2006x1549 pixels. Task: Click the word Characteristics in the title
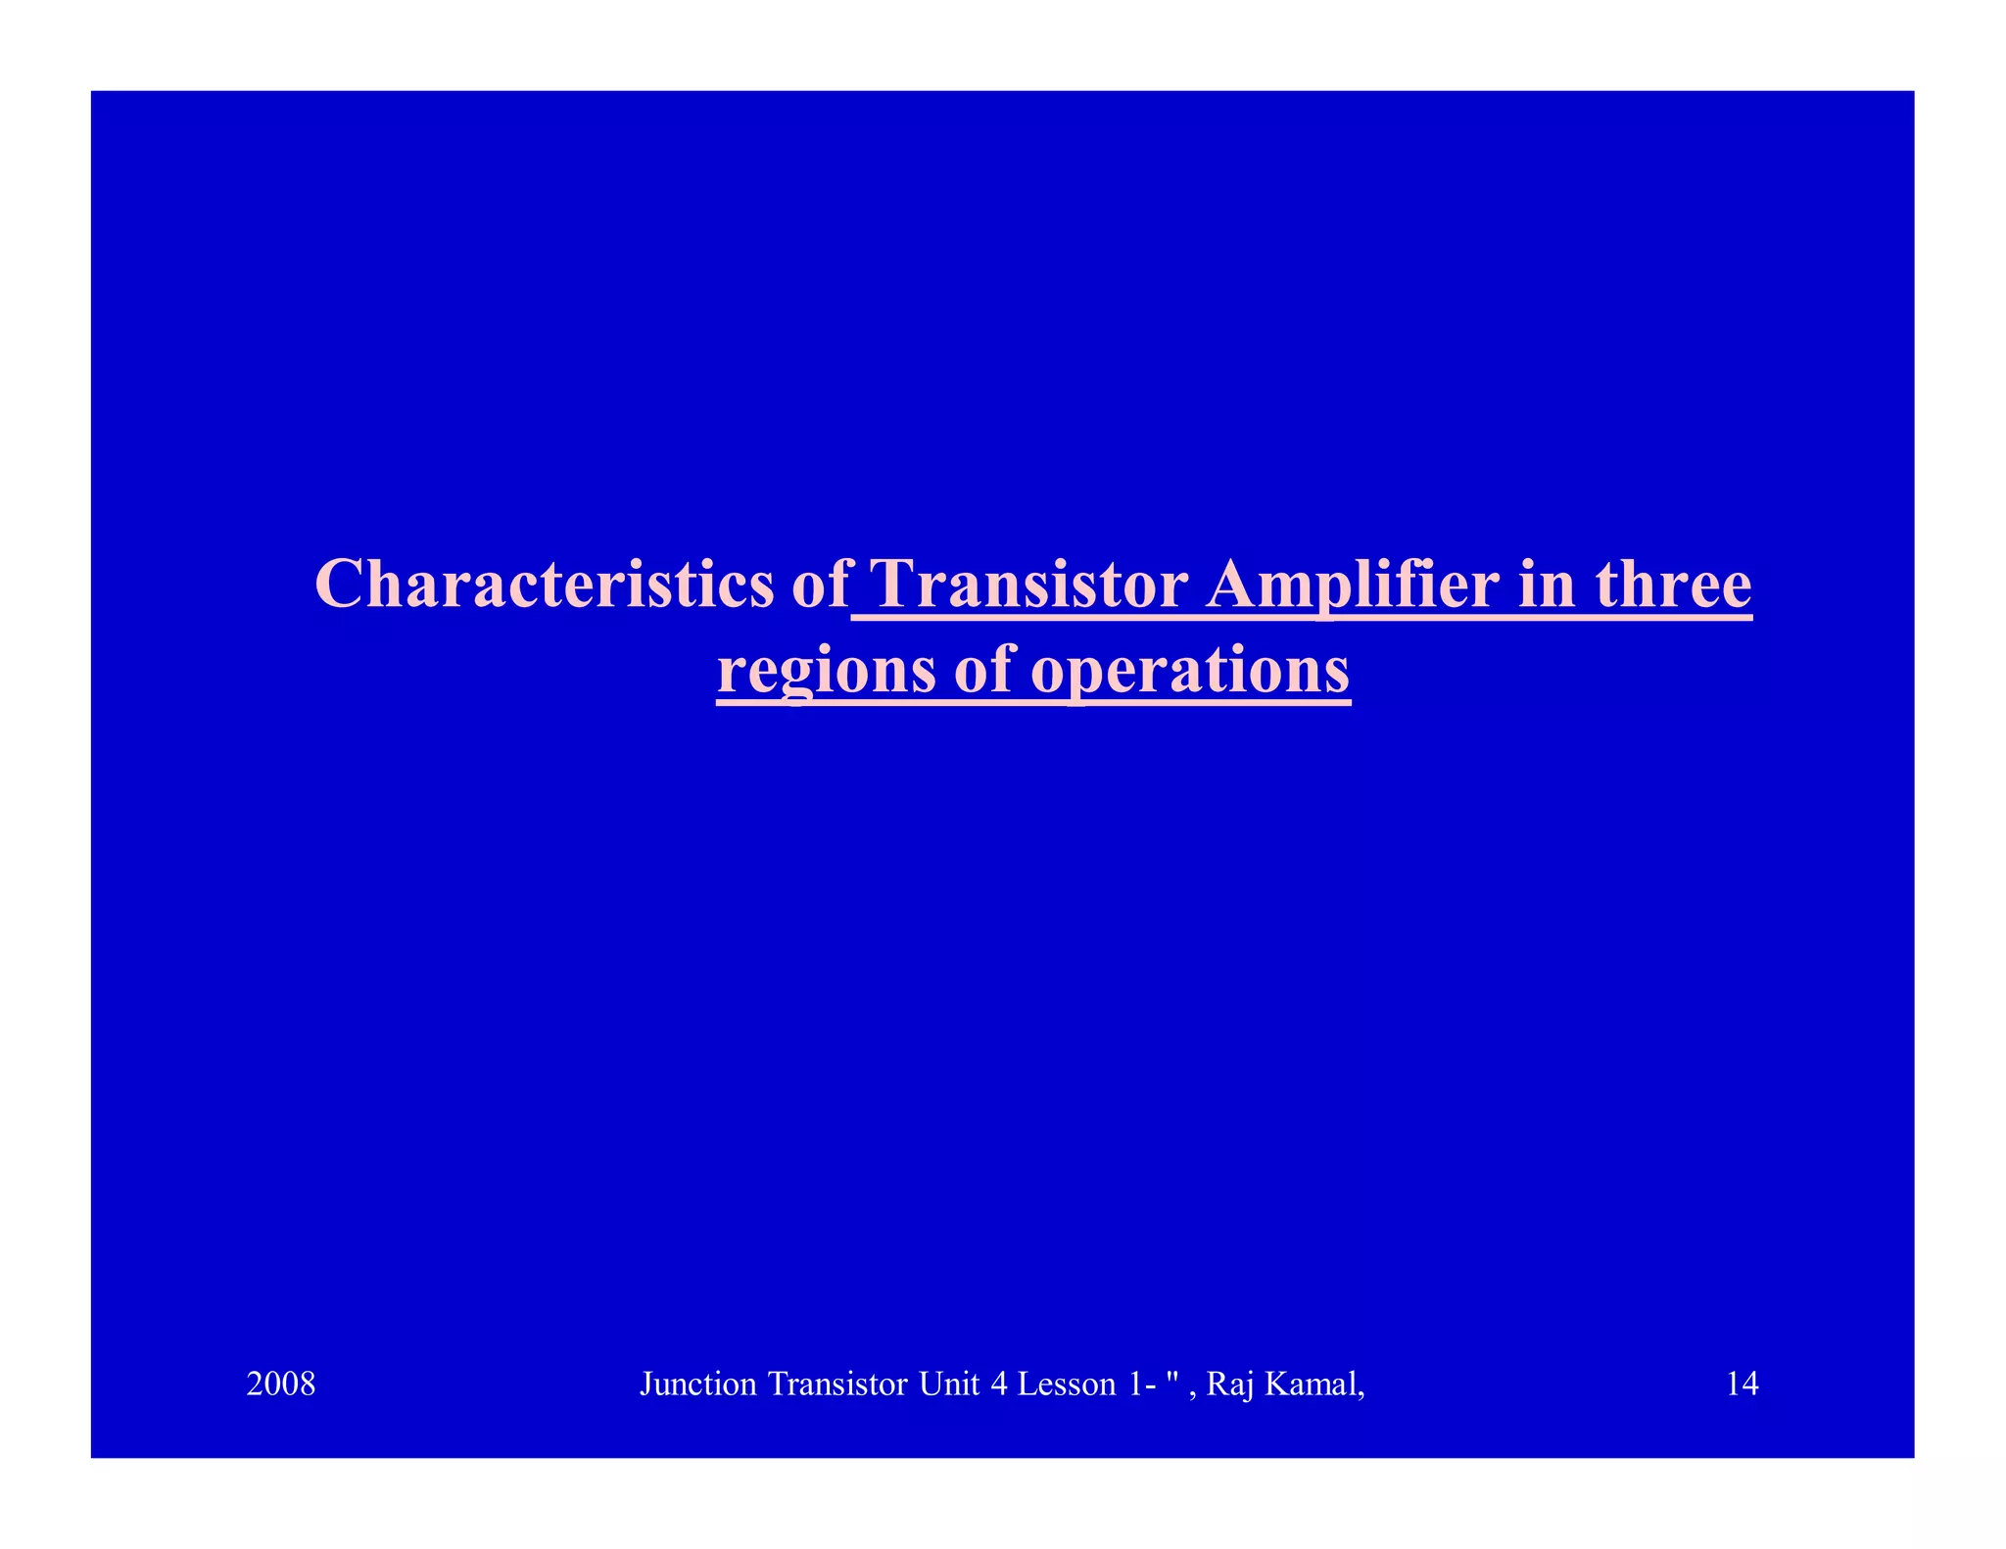pos(545,585)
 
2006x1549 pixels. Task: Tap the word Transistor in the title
pos(1028,585)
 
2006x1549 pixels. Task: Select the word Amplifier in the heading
pos(1353,585)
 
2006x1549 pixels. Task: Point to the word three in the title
pos(1674,585)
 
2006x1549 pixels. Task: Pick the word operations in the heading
pos(1191,672)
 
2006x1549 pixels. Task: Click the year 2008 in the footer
pos(281,1384)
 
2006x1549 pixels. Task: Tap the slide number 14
pos(1742,1384)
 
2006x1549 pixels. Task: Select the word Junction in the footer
pos(698,1384)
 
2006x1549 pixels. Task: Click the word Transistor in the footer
pos(838,1384)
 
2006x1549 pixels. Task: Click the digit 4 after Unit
pos(999,1384)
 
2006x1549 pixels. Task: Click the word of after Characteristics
pos(820,585)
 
